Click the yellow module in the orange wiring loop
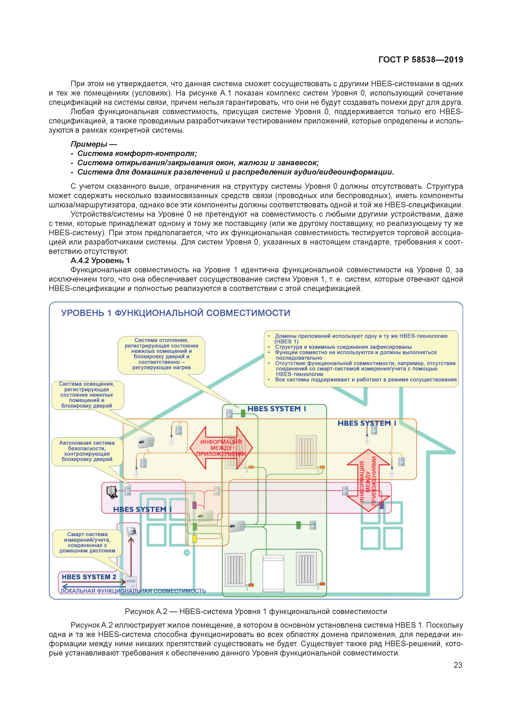coord(195,538)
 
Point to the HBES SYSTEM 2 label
coord(89,577)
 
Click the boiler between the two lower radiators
coord(273,573)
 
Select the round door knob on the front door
coord(187,553)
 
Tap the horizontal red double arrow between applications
coord(221,448)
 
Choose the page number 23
coord(458,665)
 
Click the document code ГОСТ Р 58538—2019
coord(421,60)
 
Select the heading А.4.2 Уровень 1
coord(100,260)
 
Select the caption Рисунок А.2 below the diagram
coord(256,611)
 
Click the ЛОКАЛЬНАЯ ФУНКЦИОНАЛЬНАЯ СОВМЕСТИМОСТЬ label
coord(133,591)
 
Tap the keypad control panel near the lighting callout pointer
coord(146,442)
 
